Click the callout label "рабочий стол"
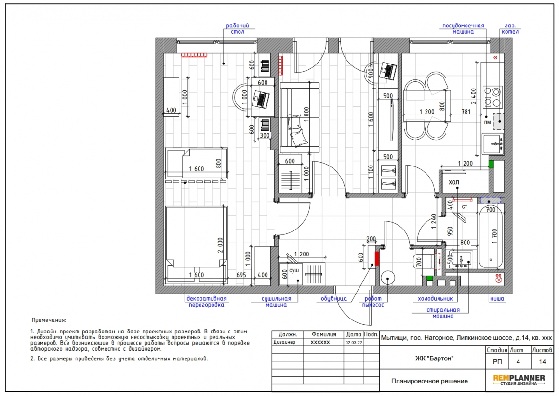[238, 28]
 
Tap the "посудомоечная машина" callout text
[463, 28]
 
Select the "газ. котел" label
[510, 28]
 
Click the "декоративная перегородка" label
[207, 302]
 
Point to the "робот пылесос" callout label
[373, 302]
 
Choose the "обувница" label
[333, 299]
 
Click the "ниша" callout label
[497, 299]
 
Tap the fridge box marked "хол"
[454, 182]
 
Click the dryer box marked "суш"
[294, 274]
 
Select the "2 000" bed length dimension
[220, 245]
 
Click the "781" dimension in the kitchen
[466, 112]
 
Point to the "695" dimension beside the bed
[241, 275]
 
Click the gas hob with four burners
[492, 97]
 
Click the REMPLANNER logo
[519, 380]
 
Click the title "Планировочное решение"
[429, 381]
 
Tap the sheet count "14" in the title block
[542, 362]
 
